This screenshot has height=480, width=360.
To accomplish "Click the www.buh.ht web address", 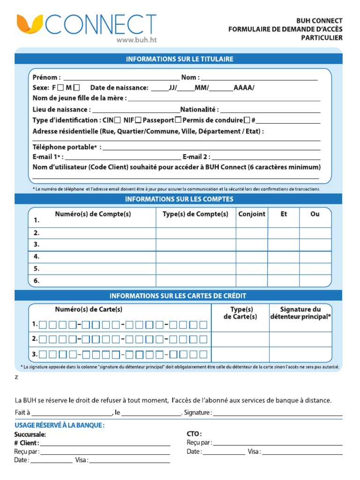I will pos(135,40).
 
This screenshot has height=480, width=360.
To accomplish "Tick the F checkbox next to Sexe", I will pos(61,88).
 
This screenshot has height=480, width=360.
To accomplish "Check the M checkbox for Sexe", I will pos(77,88).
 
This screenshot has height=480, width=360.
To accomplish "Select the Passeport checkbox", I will pos(178,120).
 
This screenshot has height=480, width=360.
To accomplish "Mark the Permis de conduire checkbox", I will pos(247,120).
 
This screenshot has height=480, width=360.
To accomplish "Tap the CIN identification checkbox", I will pos(117,120).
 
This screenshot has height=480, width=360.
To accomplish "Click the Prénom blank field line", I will pos(121,79).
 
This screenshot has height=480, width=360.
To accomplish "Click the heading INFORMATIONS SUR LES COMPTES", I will pos(179,199).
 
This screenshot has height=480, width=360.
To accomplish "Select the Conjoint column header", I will pos(252,214).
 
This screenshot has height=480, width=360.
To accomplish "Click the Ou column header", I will pos(315,214).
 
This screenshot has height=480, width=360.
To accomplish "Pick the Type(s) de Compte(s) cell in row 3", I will pos(195,245).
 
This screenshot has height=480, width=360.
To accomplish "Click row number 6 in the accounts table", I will pos(37,281).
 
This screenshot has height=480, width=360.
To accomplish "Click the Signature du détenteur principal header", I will pos(300,313).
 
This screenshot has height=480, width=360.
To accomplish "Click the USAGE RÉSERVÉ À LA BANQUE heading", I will pos(59,425).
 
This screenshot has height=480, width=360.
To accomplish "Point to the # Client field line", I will pos(105,443).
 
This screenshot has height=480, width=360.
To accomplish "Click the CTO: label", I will pos(194,434).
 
